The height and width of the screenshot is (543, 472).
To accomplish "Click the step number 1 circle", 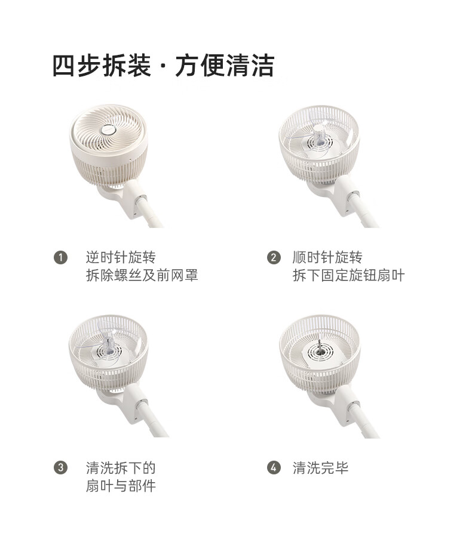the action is (x=61, y=258).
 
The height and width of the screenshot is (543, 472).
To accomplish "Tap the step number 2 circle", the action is (x=274, y=258).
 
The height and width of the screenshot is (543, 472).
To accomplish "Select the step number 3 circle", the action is (x=61, y=468).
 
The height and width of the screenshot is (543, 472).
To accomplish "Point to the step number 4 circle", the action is (x=274, y=468).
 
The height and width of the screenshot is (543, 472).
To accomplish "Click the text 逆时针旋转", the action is (x=121, y=257).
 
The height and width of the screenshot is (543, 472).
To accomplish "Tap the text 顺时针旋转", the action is (x=327, y=257).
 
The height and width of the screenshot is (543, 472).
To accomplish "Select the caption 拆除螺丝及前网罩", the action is (x=142, y=275).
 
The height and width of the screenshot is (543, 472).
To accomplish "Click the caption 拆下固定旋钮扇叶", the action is (x=348, y=275).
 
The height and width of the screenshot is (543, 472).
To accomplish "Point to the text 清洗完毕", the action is (x=320, y=468).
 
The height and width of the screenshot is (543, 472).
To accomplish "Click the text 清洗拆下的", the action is (x=121, y=468).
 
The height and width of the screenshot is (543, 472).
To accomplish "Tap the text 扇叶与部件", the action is (x=121, y=486).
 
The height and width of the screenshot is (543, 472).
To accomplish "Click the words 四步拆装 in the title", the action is (x=102, y=66).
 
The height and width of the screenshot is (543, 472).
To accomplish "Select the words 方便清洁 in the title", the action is (x=225, y=66).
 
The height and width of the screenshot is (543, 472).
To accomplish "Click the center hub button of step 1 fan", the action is (x=109, y=130).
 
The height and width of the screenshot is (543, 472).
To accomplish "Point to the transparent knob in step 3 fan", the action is (x=109, y=345).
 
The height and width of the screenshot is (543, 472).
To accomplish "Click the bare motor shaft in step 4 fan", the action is (x=320, y=346).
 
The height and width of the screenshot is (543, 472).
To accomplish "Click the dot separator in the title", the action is (x=163, y=66).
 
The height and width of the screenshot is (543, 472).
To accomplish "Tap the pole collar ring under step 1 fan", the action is (x=142, y=199).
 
